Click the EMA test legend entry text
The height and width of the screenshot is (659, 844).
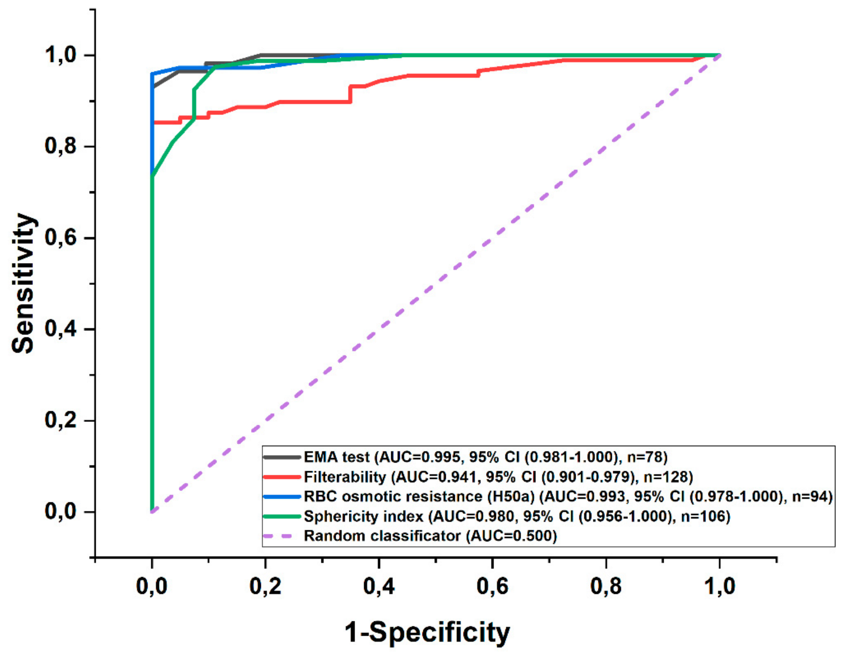click(485, 457)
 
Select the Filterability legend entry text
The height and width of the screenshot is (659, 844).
click(498, 477)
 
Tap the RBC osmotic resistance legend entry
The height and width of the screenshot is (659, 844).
click(568, 497)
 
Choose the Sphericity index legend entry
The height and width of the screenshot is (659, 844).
click(517, 517)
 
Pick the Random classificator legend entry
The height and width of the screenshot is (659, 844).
click(430, 536)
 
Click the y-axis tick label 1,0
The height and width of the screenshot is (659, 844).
click(61, 55)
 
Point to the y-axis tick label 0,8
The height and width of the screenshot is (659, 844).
click(61, 146)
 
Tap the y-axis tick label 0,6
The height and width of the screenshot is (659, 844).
click(61, 237)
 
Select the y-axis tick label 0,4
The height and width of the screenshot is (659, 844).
click(61, 329)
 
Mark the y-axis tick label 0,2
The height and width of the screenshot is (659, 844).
click(61, 420)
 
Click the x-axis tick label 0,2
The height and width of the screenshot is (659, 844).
click(265, 586)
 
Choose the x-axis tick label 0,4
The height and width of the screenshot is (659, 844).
click(379, 586)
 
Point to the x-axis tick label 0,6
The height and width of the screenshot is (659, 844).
click(493, 586)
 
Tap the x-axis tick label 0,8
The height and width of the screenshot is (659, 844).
click(606, 586)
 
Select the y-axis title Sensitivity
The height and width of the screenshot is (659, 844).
click(23, 284)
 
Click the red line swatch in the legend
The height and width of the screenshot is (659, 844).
click(282, 477)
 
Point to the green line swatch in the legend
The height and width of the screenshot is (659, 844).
click(282, 517)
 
